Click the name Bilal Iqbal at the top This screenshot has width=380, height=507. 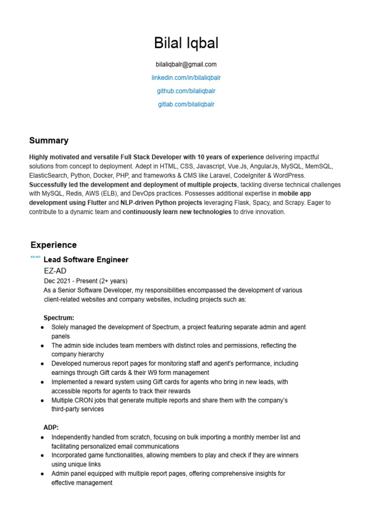tap(186, 43)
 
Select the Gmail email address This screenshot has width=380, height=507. tap(186, 64)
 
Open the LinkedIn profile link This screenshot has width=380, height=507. tap(186, 78)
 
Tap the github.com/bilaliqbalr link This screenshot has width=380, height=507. tap(186, 91)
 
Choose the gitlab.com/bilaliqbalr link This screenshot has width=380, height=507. tap(186, 104)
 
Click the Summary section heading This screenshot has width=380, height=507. tap(48, 141)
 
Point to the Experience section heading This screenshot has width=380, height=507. tap(53, 245)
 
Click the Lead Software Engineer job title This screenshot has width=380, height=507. tap(86, 260)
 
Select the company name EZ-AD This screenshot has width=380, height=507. tap(55, 271)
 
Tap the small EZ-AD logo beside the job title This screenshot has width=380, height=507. tap(35, 257)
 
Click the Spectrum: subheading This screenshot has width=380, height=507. tap(59, 318)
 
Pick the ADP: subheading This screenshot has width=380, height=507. tap(51, 427)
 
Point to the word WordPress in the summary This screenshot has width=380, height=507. tap(288, 176)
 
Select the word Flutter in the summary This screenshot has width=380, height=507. tap(95, 203)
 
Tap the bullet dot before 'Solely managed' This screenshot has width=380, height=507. tap(43, 328)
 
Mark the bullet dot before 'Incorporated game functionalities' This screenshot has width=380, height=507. tap(43, 456)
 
